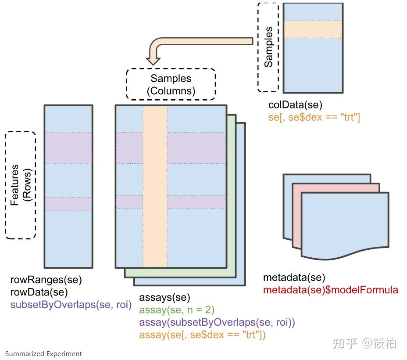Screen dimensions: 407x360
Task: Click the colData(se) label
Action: click(x=295, y=105)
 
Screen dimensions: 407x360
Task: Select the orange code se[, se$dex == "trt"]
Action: click(x=314, y=117)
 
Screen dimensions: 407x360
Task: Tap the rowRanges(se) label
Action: click(x=46, y=280)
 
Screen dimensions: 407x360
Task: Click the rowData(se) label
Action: click(x=39, y=292)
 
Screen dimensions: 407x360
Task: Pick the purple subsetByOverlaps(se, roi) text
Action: click(x=71, y=305)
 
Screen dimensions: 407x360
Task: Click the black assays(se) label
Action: click(x=164, y=297)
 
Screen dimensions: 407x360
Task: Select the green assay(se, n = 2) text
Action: click(x=177, y=310)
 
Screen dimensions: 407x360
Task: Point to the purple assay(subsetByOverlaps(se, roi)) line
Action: click(x=217, y=322)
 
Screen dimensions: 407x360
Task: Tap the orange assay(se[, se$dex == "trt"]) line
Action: click(x=202, y=335)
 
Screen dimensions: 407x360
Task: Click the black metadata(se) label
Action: click(x=294, y=277)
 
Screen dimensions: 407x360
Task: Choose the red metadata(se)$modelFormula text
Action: click(x=330, y=290)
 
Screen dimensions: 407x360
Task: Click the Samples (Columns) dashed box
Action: click(x=171, y=69)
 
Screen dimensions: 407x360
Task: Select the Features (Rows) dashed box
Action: click(x=6, y=185)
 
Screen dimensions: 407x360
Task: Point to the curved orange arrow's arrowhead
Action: click(x=153, y=61)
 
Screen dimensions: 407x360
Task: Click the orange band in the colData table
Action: click(x=313, y=29)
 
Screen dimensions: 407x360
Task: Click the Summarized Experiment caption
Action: click(x=43, y=354)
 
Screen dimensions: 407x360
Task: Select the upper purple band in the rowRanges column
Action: click(x=68, y=148)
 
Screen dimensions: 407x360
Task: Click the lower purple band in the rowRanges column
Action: click(x=68, y=204)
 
